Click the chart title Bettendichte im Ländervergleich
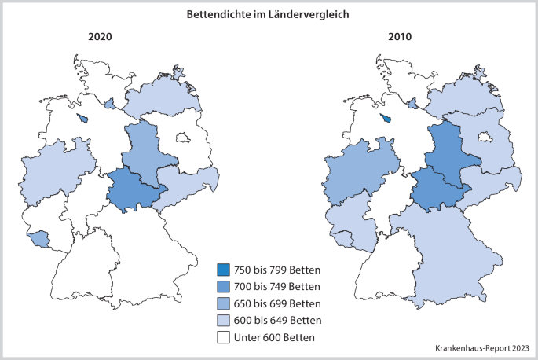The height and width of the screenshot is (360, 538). click(269, 14)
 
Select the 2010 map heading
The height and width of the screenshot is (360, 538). click(399, 37)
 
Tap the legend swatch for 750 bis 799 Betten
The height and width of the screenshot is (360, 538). click(225, 270)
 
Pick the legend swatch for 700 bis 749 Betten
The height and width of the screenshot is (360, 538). click(225, 286)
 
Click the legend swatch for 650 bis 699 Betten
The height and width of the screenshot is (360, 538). click(225, 303)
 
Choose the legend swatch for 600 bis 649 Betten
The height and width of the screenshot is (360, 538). click(225, 321)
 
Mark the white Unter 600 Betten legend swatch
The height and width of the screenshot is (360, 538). click(225, 338)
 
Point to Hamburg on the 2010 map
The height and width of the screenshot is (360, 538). click(412, 102)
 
